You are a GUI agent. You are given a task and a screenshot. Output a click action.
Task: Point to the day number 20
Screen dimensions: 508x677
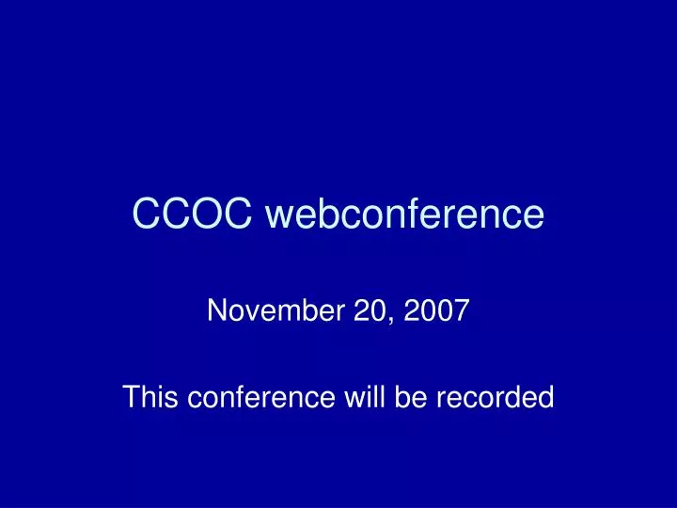(x=368, y=310)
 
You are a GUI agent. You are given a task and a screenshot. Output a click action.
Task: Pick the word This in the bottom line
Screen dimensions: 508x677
(x=151, y=398)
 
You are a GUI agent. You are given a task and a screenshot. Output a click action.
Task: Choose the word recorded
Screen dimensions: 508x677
(x=499, y=398)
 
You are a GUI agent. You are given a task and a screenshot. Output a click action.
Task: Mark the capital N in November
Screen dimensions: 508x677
(x=215, y=310)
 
